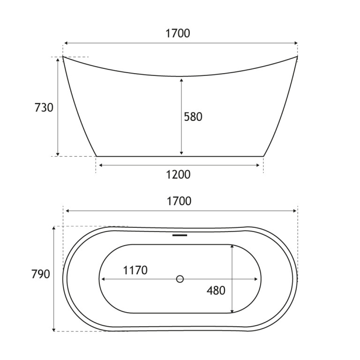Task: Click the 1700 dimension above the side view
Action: (178, 34)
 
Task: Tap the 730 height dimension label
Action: (44, 107)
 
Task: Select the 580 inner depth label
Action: (193, 117)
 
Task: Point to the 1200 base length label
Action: (178, 175)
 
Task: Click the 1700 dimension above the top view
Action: (179, 201)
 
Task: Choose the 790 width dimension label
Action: (41, 274)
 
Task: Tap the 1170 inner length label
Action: (135, 270)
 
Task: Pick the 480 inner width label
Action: (216, 291)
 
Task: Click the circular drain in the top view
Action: (180, 279)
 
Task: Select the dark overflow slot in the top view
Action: (180, 235)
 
